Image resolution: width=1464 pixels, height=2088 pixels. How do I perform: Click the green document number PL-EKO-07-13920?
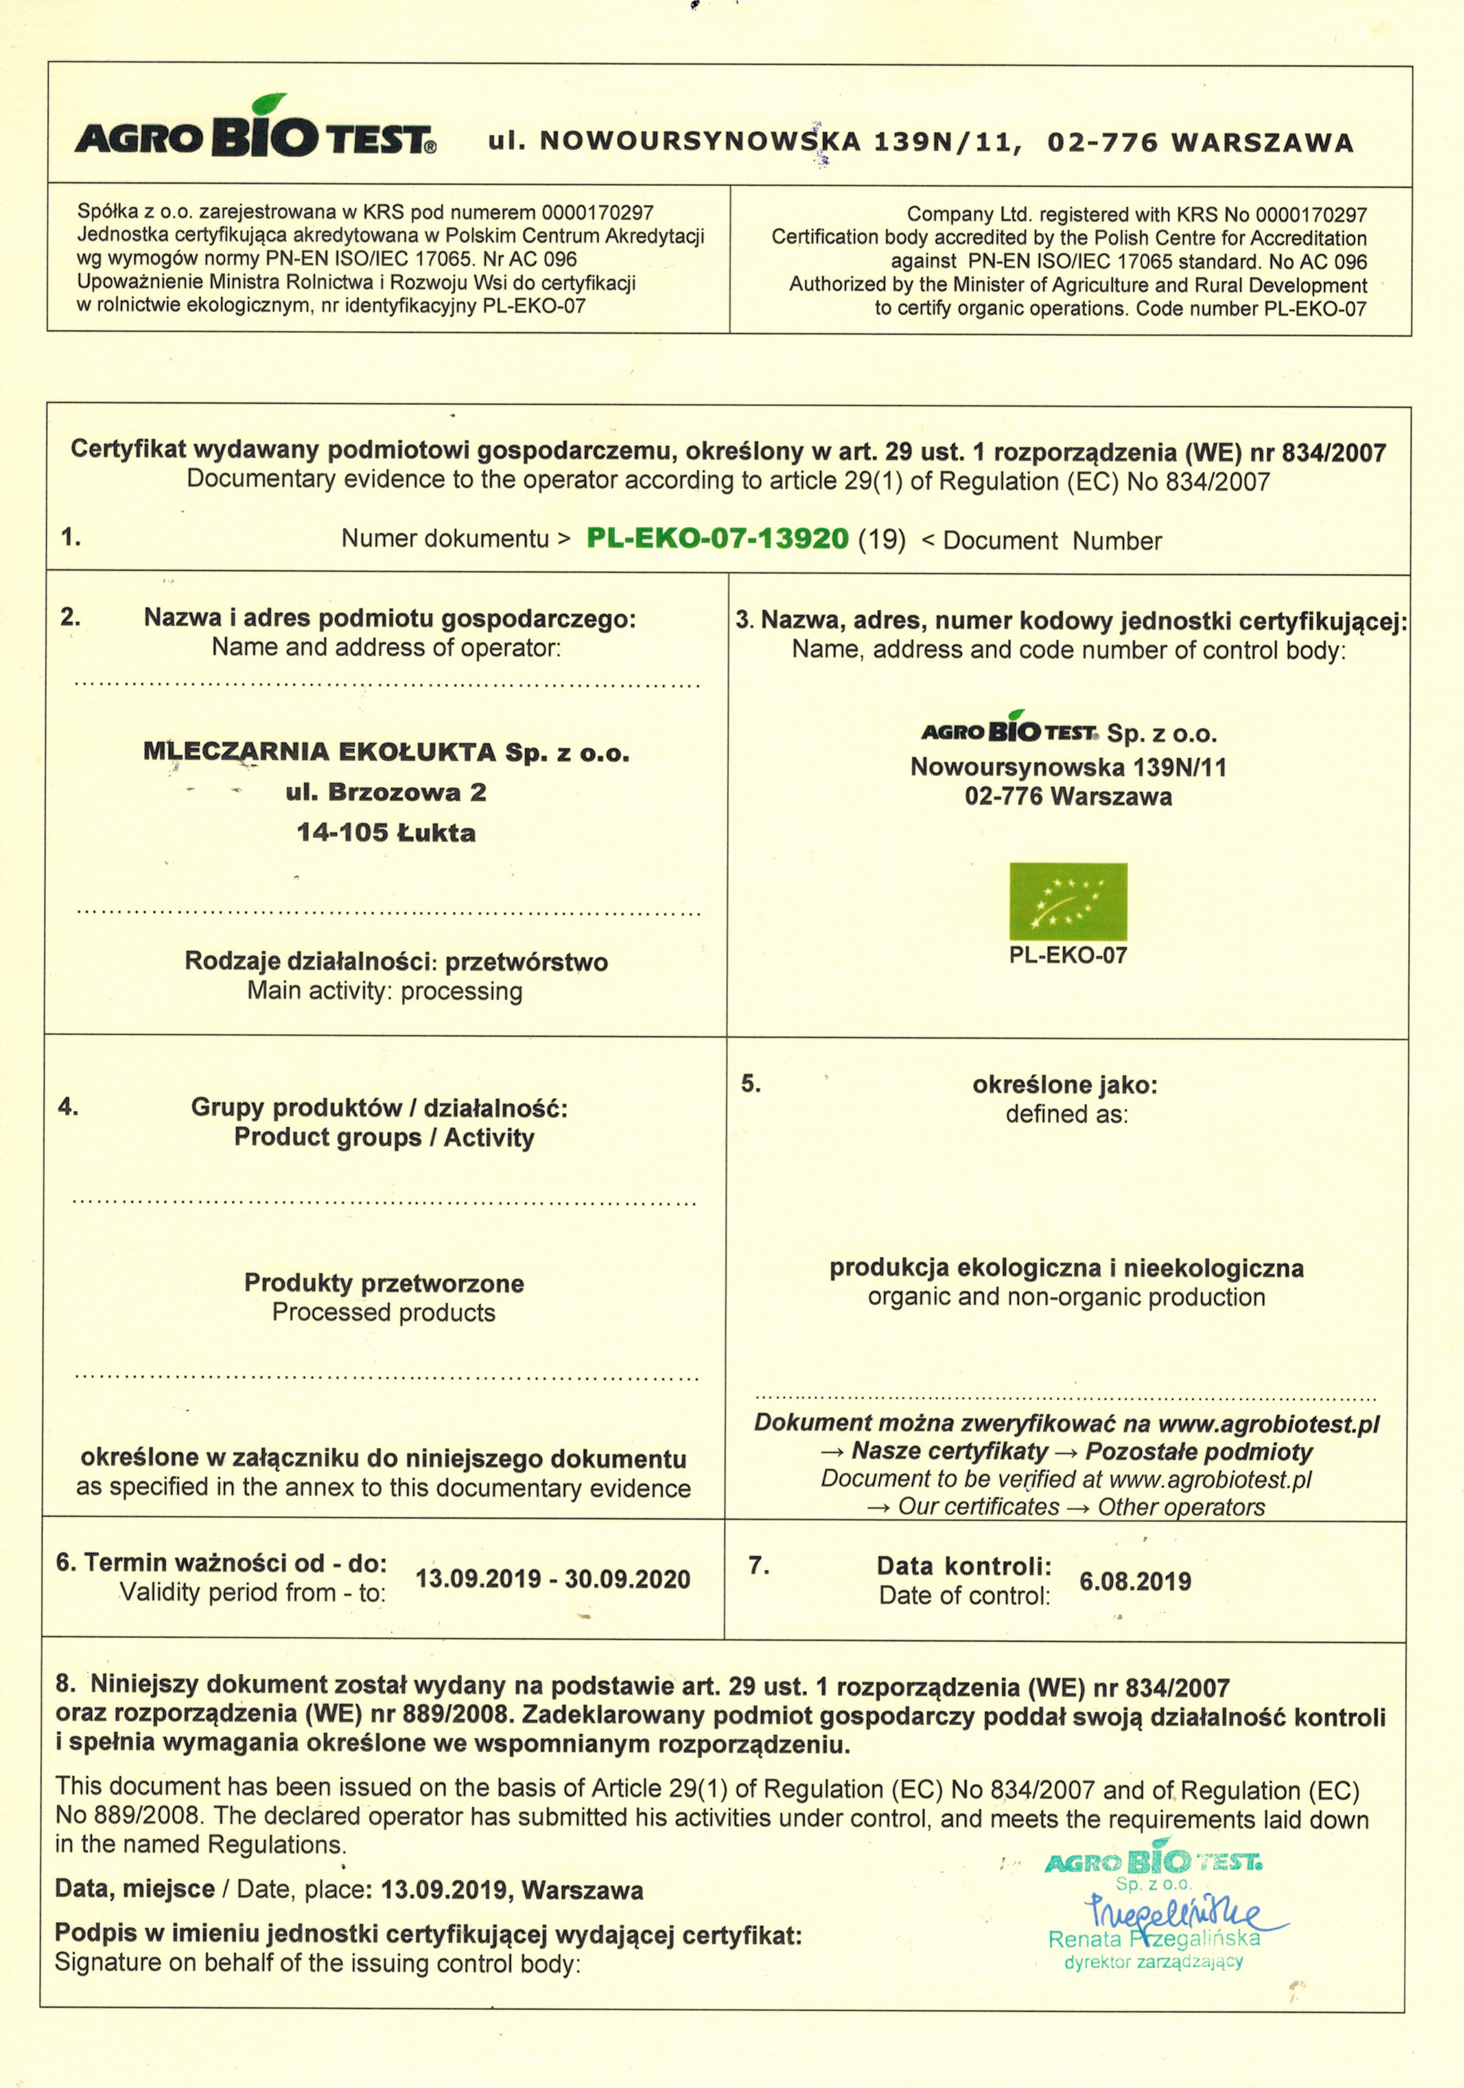point(718,538)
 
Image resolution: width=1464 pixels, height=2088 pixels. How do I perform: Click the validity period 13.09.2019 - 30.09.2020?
point(553,1578)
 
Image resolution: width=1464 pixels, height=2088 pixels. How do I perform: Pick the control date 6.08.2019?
point(1135,1581)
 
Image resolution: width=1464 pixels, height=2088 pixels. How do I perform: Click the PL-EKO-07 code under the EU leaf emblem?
point(1068,955)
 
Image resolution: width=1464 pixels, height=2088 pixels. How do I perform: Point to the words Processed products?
point(383,1312)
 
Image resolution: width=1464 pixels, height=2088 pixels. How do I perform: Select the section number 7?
point(759,1565)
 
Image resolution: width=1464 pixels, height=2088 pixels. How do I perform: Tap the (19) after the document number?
point(882,539)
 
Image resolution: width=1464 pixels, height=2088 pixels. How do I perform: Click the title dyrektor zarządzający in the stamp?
point(1153,1962)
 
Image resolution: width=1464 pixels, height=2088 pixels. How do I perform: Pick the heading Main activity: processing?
point(385,991)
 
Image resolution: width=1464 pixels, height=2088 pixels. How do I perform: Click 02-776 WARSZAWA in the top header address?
point(1200,143)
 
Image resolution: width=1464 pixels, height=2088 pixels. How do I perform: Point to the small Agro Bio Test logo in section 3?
point(1009,730)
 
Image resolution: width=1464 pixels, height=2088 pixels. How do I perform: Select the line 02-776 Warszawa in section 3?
point(1068,797)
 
